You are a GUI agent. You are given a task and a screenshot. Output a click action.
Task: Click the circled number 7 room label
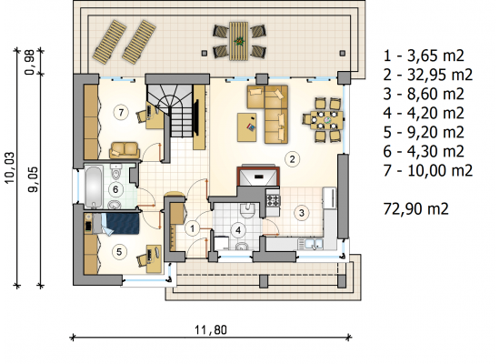(121, 113)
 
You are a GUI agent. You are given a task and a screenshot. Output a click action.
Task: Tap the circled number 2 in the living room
(293, 158)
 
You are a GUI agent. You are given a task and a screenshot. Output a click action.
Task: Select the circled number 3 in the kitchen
(302, 213)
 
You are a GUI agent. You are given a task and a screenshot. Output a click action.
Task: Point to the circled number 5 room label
(119, 252)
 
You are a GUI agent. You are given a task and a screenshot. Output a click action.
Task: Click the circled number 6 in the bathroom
(115, 189)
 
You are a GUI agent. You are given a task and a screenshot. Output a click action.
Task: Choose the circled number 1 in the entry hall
(193, 228)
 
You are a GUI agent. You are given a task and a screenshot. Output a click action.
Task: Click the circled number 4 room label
(238, 230)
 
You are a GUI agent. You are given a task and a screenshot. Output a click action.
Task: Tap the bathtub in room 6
(94, 187)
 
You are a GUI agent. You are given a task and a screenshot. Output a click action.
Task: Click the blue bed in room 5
(121, 224)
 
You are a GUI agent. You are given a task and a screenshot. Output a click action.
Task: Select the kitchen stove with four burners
(274, 200)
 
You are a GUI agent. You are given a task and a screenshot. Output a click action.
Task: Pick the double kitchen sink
(311, 244)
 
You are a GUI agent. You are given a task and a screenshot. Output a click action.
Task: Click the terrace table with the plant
(239, 41)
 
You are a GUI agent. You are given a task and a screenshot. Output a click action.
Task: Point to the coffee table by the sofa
(246, 127)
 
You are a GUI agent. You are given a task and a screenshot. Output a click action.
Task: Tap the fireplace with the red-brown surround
(258, 176)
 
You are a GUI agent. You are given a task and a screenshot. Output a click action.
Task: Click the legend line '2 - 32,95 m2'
(427, 75)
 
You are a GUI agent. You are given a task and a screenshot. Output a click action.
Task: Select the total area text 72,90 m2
(415, 208)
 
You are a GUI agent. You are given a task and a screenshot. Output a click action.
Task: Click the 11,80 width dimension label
(211, 329)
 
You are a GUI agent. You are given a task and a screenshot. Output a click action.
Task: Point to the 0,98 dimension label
(30, 62)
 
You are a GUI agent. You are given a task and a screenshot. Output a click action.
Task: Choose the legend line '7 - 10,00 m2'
(427, 170)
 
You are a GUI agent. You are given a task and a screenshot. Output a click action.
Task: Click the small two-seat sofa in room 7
(125, 150)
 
